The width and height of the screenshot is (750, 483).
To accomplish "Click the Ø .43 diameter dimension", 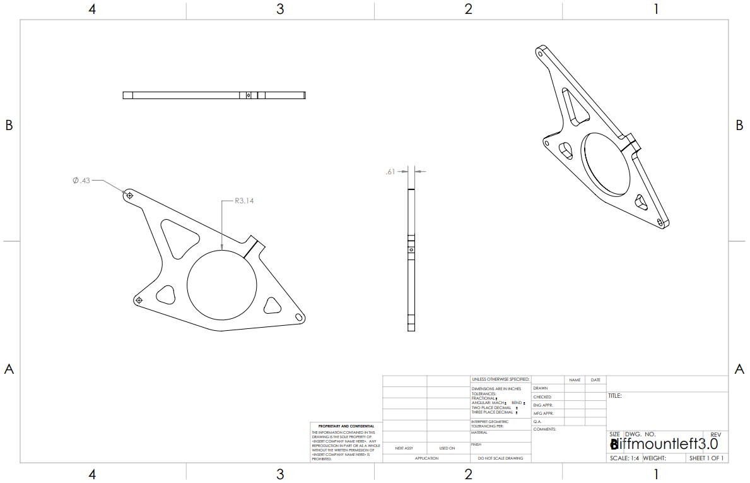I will tap(82, 181).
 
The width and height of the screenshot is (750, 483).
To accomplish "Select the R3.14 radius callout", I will tap(244, 201).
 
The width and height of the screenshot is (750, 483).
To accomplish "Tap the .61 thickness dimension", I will tap(390, 171).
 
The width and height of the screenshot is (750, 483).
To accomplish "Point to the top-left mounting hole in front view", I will tap(130, 196).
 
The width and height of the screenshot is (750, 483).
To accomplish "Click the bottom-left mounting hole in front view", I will tap(139, 299).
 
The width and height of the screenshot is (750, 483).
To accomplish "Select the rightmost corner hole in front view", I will tap(299, 315).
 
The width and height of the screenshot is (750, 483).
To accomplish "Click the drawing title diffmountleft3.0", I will tap(664, 444).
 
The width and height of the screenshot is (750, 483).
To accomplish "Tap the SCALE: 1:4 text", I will tap(624, 458).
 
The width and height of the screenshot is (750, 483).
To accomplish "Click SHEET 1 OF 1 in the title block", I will tap(706, 458).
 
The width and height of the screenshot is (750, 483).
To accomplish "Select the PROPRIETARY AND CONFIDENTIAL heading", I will tap(346, 426).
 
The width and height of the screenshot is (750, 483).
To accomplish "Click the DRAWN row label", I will tap(541, 388).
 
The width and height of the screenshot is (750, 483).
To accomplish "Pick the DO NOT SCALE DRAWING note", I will tap(500, 458).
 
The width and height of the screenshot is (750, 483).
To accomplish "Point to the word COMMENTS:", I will tap(544, 429).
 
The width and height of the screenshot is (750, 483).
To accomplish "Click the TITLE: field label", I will tap(615, 396).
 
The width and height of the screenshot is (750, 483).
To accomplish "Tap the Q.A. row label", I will tap(537, 421).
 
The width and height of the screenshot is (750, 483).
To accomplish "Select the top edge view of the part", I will tap(214, 95).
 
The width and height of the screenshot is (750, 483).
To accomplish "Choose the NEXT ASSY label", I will tap(404, 448).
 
